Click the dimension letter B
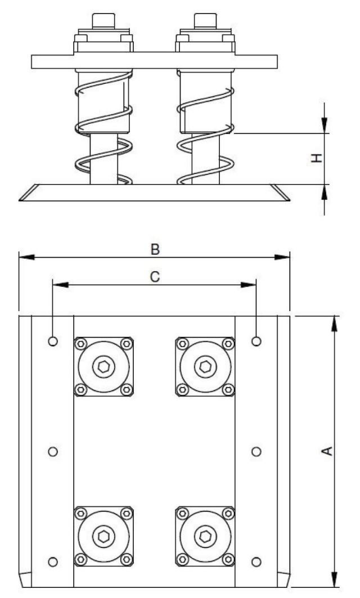pyautogui.click(x=155, y=248)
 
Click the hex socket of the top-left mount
pyautogui.click(x=103, y=367)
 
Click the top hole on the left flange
pyautogui.click(x=53, y=341)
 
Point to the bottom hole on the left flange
pyautogui.click(x=53, y=561)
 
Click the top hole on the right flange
pyautogui.click(x=256, y=341)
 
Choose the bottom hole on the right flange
pyautogui.click(x=256, y=561)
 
